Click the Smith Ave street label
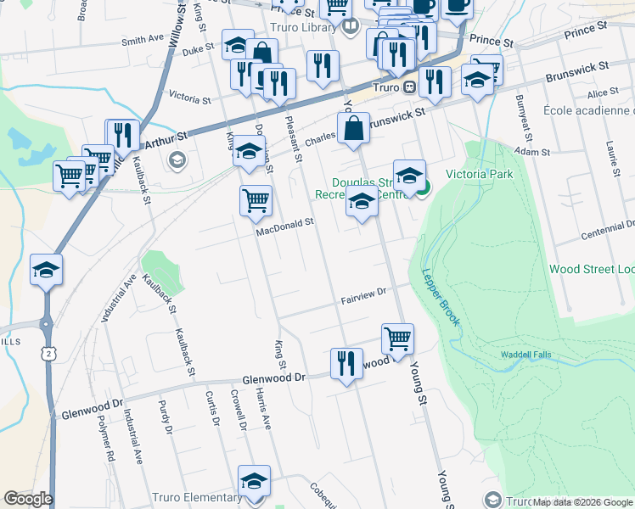pos(142,40)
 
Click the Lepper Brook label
pos(441,298)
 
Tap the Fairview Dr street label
pos(363,296)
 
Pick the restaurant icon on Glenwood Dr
pos(346,363)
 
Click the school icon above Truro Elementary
pos(254,481)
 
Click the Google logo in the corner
pos(28,499)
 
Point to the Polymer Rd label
pos(105,439)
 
